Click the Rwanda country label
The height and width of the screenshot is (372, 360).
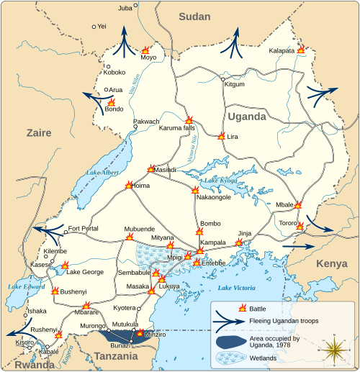22,364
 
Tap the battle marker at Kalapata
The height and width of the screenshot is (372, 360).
301,50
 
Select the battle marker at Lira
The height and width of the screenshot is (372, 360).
220,136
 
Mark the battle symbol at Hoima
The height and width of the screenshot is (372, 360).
129,185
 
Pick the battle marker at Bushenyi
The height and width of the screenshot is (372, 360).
55,291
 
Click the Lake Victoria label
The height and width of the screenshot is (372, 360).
235,288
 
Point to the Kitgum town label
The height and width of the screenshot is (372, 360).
235,84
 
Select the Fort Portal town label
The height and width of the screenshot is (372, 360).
83,230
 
